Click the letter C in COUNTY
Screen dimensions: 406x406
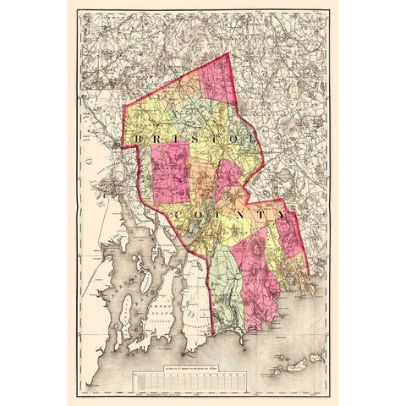184,218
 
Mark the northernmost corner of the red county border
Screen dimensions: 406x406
229,54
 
